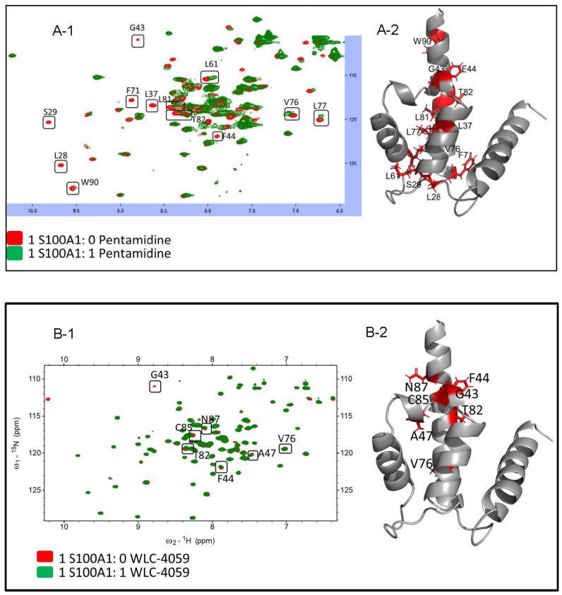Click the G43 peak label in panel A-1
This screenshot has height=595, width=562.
coord(137,28)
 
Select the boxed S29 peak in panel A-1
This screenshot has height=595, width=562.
coord(49,122)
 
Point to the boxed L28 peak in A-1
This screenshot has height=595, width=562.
coord(61,166)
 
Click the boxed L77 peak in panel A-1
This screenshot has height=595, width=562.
coord(321,119)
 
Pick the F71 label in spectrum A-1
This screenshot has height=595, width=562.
coord(132,90)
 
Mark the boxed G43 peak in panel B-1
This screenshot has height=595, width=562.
coord(155,386)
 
